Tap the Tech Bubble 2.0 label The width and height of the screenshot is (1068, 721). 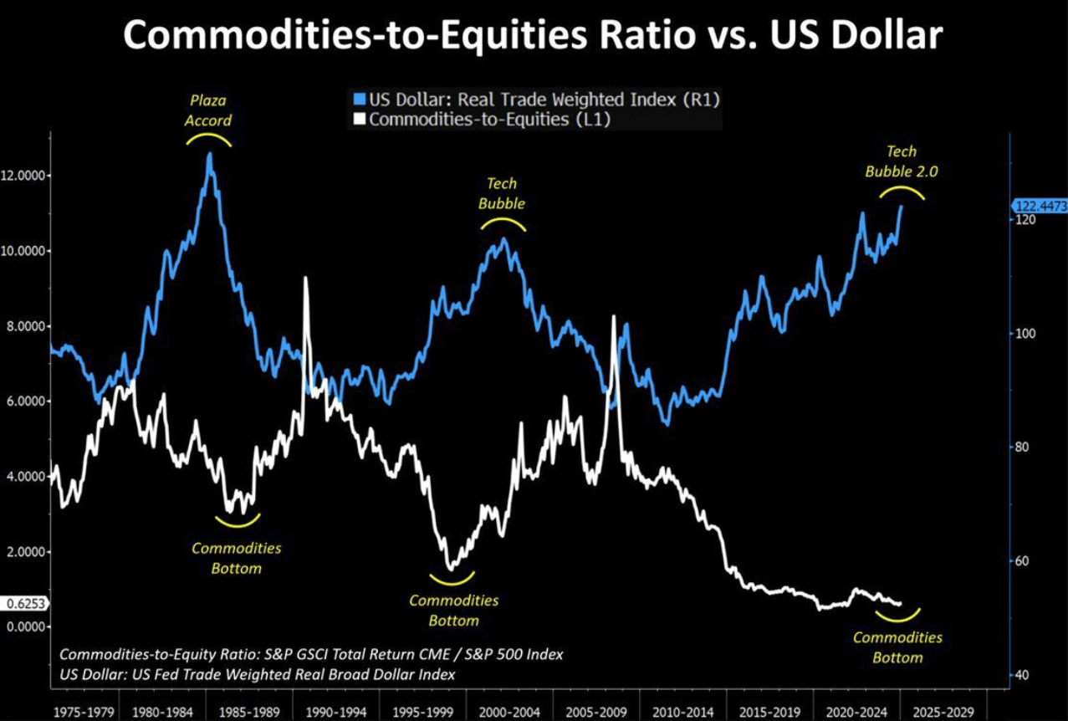(902, 161)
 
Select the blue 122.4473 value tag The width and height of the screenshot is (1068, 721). (1038, 206)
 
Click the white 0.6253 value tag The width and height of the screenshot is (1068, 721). (25, 603)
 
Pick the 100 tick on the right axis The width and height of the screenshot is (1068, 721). (1025, 334)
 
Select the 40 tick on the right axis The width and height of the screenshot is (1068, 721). (1022, 675)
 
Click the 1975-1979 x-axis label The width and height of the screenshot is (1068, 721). (84, 713)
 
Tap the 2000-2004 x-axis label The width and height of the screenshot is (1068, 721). (511, 713)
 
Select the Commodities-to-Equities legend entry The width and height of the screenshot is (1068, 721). (486, 120)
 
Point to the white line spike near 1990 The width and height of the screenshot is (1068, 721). (305, 279)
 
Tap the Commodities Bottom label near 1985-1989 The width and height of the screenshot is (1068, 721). (237, 559)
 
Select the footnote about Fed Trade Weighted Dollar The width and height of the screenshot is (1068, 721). (258, 674)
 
